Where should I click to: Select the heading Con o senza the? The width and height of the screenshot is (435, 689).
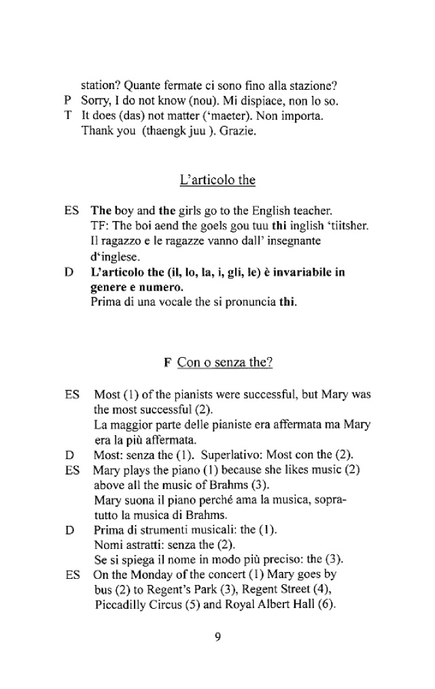click(224, 363)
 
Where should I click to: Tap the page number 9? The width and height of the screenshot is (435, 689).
click(217, 637)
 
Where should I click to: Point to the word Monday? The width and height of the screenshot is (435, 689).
click(148, 576)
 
